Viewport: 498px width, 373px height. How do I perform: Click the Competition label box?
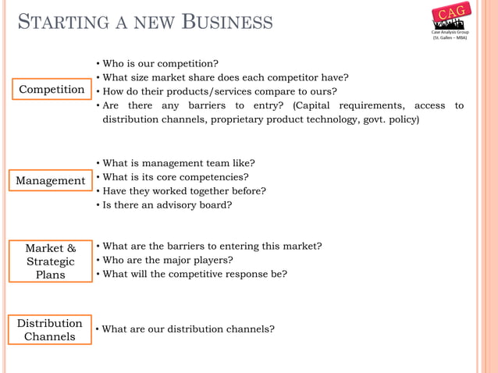coord(52,90)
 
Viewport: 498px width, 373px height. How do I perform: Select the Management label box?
coord(51,181)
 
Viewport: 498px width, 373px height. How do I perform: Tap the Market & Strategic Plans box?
coord(51,261)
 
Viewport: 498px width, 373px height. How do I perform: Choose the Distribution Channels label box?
coord(50,329)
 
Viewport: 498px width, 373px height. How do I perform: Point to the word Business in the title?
coord(227,21)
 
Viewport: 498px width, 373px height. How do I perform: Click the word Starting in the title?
coord(58,21)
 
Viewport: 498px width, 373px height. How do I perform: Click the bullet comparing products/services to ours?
coord(219,91)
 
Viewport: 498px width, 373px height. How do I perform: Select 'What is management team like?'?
coord(179,163)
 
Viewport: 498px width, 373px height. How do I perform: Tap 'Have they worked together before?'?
coord(184,191)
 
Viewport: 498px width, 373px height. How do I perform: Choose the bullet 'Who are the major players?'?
coord(168,260)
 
